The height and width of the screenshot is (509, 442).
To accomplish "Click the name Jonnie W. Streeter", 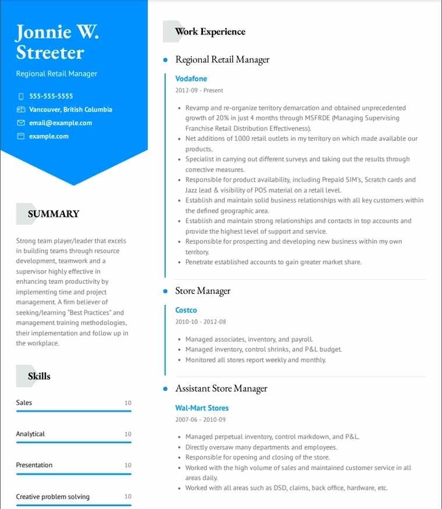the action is (57, 42).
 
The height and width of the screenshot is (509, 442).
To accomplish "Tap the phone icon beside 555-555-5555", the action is (21, 96).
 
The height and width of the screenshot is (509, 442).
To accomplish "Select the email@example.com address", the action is (60, 123).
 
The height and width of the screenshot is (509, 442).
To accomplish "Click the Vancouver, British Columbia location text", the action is (70, 109).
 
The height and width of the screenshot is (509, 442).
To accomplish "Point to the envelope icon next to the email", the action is (21, 123).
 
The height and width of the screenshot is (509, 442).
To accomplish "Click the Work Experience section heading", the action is (210, 31).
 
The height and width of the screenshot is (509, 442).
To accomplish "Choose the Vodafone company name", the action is (191, 79).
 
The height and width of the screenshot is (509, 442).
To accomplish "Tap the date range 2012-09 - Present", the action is (199, 91).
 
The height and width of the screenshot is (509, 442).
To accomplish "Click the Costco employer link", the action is (186, 310).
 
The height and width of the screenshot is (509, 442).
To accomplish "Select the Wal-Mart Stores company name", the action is (202, 408).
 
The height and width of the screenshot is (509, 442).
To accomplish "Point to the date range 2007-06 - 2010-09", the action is (201, 419).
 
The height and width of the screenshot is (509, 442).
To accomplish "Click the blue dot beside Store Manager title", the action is (165, 291).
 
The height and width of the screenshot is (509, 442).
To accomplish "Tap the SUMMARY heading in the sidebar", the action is (54, 213).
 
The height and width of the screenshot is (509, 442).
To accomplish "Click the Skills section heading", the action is (39, 376).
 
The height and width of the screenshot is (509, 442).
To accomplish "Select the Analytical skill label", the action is (30, 434).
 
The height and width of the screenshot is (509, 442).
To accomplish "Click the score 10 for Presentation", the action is (128, 465).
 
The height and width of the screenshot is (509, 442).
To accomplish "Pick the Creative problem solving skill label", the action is (53, 497).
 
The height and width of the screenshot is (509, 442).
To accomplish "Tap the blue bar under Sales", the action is (74, 411).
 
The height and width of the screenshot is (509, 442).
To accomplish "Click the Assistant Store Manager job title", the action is (221, 389).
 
